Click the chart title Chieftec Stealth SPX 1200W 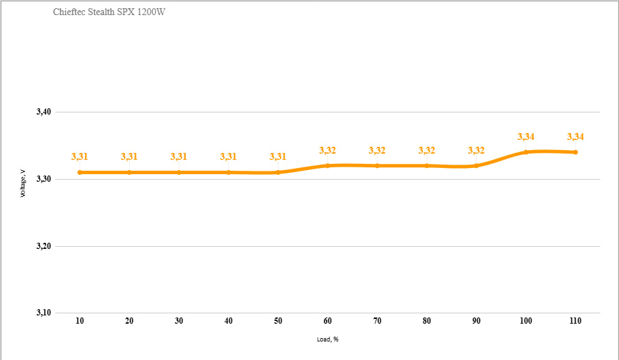[109, 12]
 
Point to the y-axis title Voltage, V [23, 183]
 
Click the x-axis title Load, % [327, 339]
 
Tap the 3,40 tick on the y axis [44, 112]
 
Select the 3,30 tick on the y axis [44, 179]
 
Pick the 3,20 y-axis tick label [44, 246]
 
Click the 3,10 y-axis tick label [44, 313]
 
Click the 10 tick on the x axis [80, 321]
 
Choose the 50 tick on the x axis [278, 321]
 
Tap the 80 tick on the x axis [427, 321]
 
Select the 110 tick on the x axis [575, 321]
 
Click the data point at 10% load [80, 172]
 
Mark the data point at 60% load [327, 166]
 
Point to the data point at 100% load [526, 152]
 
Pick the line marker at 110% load [576, 152]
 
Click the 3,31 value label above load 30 [179, 156]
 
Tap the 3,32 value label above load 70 [377, 150]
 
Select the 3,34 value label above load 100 [526, 137]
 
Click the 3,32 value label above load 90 [476, 150]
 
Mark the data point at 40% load [229, 172]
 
